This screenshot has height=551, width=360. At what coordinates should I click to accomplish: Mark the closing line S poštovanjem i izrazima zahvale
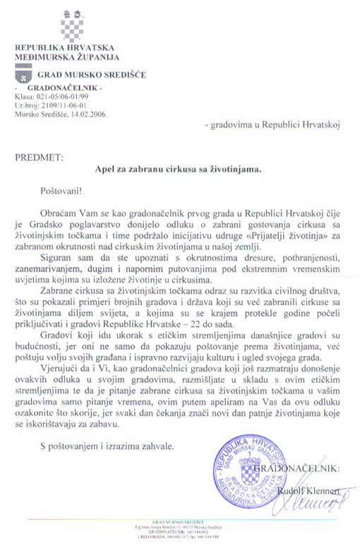tap(105, 445)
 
